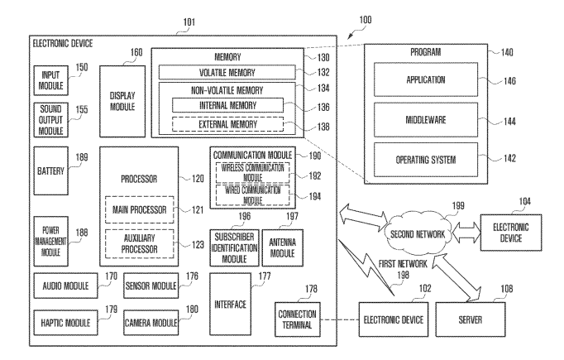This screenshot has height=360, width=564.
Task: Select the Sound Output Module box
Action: [x=51, y=119]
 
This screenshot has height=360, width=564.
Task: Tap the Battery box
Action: [x=51, y=170]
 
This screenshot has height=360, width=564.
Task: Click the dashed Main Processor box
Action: [x=137, y=209]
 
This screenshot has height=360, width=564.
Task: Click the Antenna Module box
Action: [x=284, y=241]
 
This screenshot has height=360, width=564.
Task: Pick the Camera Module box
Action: [x=151, y=320]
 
